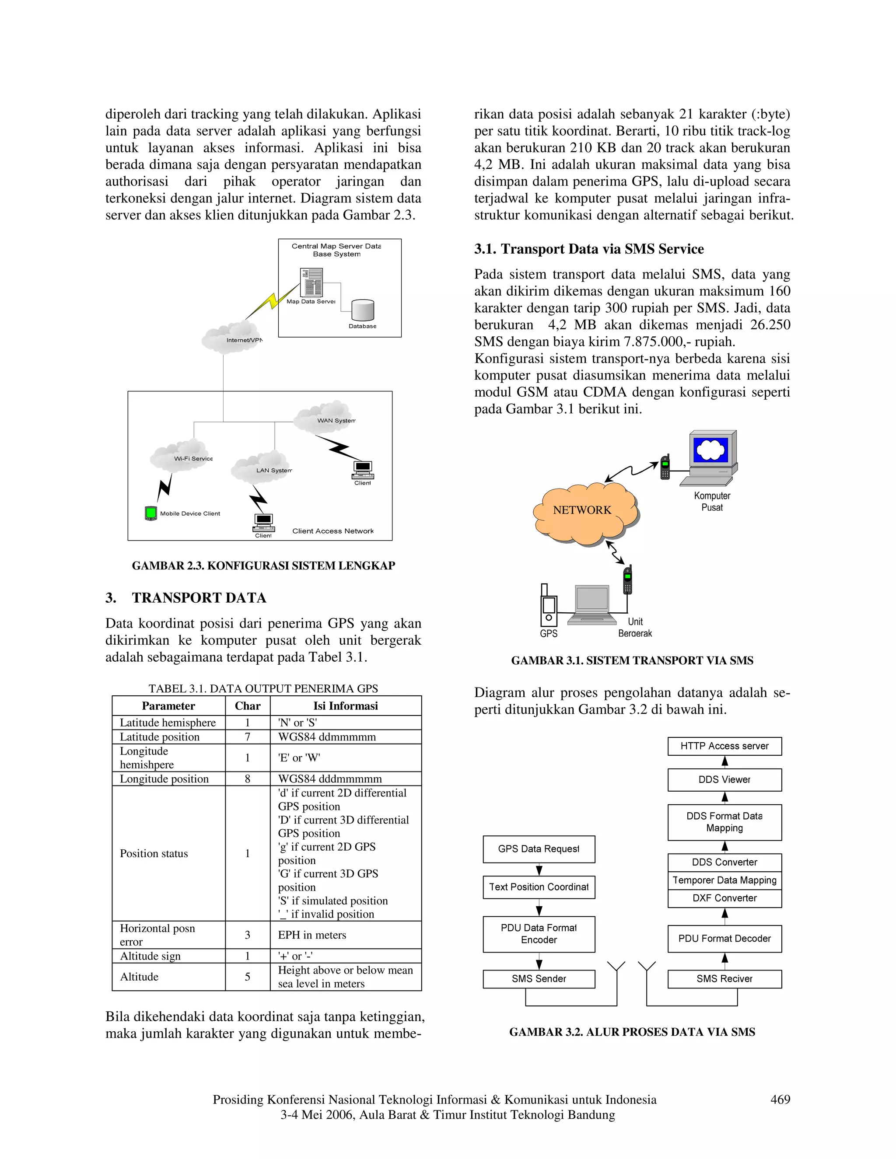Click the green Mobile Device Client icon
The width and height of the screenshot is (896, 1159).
tap(151, 513)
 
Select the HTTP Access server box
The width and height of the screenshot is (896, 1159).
tap(724, 746)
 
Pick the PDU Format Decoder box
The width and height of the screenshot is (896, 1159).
tap(724, 939)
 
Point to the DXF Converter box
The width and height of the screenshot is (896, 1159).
tap(724, 898)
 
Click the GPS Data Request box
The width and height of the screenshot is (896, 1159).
tap(539, 849)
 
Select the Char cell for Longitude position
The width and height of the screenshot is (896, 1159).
tap(247, 778)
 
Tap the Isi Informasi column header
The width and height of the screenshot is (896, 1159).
tap(346, 706)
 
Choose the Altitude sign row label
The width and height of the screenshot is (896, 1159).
tap(150, 956)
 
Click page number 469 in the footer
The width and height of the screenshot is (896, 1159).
tap(780, 1100)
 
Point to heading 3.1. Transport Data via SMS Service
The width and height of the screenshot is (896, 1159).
tap(589, 249)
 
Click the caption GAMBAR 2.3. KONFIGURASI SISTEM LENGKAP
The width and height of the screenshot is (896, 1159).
tap(263, 566)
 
